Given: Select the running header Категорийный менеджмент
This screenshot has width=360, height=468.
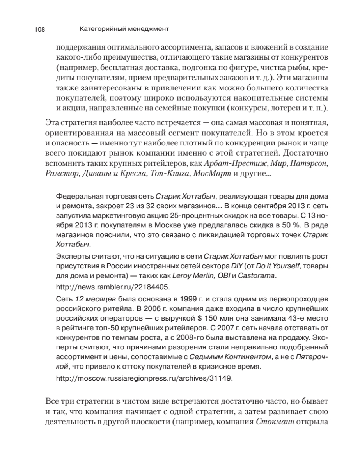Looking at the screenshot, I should (124, 28).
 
